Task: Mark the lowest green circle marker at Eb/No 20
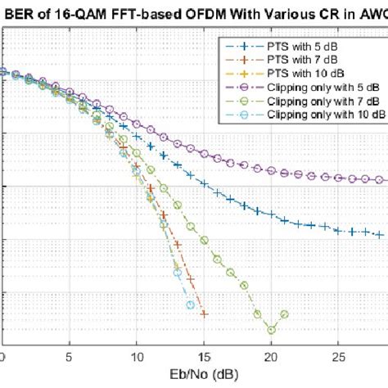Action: (271, 330)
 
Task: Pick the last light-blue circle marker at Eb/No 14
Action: (191, 305)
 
